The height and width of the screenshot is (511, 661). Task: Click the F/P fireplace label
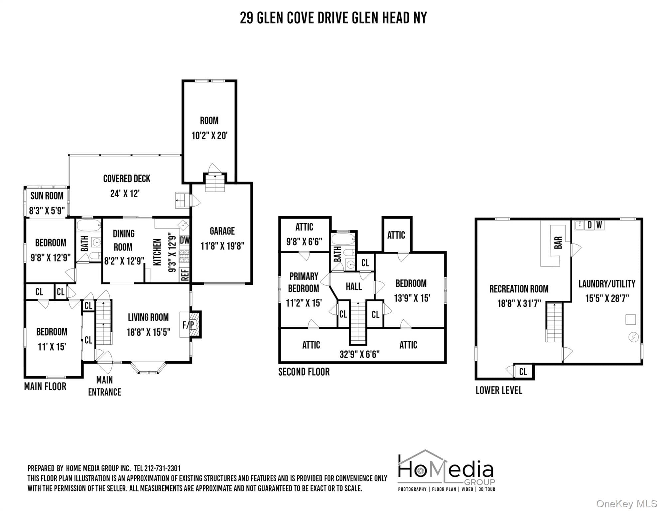click(188, 324)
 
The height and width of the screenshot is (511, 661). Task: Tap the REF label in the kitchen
click(185, 275)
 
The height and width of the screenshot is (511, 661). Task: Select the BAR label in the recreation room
click(558, 243)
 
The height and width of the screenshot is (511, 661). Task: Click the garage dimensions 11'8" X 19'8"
click(222, 246)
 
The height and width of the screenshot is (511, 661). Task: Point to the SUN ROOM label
click(47, 196)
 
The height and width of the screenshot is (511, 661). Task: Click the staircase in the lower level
click(554, 322)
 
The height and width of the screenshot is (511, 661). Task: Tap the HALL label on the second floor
click(353, 286)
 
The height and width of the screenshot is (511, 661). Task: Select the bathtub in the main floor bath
click(89, 226)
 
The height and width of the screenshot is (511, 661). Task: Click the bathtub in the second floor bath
click(343, 239)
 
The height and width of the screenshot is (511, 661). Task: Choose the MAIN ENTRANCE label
click(104, 386)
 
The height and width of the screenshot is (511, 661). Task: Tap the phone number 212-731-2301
click(162, 468)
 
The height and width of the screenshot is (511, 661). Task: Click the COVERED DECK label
click(127, 179)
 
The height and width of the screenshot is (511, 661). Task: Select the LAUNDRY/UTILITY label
click(607, 284)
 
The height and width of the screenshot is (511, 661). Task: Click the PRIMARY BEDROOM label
click(304, 282)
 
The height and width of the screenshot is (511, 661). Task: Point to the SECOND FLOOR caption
click(304, 372)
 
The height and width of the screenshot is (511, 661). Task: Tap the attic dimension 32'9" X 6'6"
click(359, 354)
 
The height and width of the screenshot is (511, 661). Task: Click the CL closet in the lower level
click(523, 371)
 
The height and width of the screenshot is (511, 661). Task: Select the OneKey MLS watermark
click(626, 504)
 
